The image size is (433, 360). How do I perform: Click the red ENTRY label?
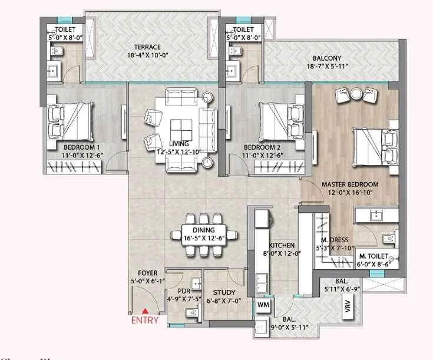(x=145, y=321)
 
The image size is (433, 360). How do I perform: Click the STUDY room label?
(x=224, y=293)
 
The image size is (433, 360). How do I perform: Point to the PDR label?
(x=184, y=290)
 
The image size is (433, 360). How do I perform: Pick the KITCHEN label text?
(x=282, y=246)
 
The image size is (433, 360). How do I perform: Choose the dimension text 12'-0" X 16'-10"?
(x=350, y=193)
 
